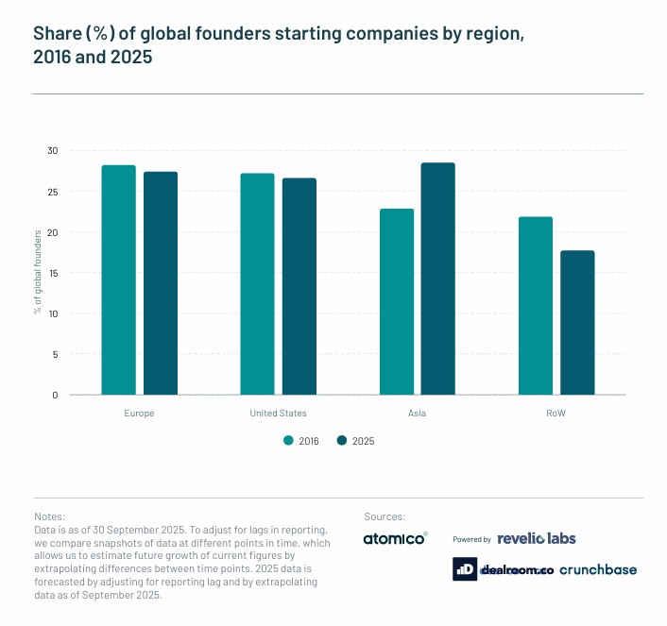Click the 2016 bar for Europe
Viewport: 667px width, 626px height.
click(x=119, y=279)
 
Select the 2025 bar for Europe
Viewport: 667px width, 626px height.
click(x=161, y=283)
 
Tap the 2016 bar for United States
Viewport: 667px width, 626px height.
click(x=258, y=283)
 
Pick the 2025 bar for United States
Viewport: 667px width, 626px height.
click(x=299, y=286)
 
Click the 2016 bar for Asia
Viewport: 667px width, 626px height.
click(x=397, y=301)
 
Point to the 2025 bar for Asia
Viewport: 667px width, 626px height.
click(x=438, y=279)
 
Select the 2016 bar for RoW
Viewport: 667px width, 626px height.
click(x=536, y=306)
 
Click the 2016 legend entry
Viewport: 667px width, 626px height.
click(x=301, y=440)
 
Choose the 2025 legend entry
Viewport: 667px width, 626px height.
click(x=356, y=440)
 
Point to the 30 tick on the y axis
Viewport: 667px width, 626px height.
click(x=53, y=151)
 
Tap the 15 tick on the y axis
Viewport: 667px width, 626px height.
click(x=53, y=273)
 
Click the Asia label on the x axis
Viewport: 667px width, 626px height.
click(x=418, y=414)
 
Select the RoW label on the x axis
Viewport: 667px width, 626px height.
click(x=556, y=414)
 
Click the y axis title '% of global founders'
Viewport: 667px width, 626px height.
click(x=38, y=273)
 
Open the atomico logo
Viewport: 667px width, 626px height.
click(x=395, y=539)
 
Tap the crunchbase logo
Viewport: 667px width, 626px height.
click(x=598, y=569)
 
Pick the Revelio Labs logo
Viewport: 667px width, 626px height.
click(x=536, y=538)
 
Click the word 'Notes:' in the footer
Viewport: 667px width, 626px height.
click(x=49, y=517)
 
